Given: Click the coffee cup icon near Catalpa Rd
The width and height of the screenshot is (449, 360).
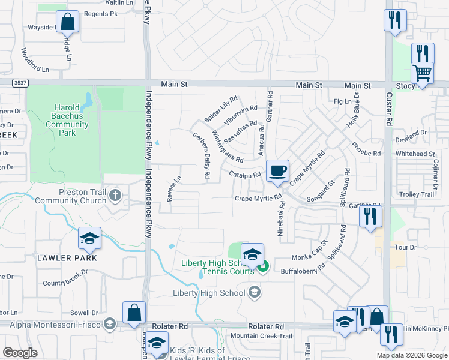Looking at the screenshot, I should [x=277, y=170].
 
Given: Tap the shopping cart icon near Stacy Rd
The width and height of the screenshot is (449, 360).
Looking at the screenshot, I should [x=423, y=73].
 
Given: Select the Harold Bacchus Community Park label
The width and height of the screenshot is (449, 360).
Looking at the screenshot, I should [x=67, y=120].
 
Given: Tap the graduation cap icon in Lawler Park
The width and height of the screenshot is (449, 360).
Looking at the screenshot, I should [x=89, y=239].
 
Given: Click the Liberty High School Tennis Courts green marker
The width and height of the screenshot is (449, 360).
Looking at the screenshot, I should [x=263, y=266].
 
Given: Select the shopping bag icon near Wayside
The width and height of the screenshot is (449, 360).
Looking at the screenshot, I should [x=68, y=22].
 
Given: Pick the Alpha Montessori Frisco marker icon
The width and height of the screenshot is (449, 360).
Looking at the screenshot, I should [x=109, y=325].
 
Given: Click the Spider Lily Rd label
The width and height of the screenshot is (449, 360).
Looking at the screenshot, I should [x=221, y=109].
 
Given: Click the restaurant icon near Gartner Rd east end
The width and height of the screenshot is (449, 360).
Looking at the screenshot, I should [x=370, y=215].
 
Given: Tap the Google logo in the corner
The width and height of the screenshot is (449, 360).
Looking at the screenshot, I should [x=20, y=352].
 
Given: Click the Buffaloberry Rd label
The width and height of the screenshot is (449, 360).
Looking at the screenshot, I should [x=303, y=271].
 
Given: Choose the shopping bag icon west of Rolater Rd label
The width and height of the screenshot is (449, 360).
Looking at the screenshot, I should [x=134, y=312].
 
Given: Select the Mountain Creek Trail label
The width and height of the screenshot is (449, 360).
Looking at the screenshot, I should [x=261, y=336].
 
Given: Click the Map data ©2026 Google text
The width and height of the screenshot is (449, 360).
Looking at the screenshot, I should [x=412, y=355].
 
